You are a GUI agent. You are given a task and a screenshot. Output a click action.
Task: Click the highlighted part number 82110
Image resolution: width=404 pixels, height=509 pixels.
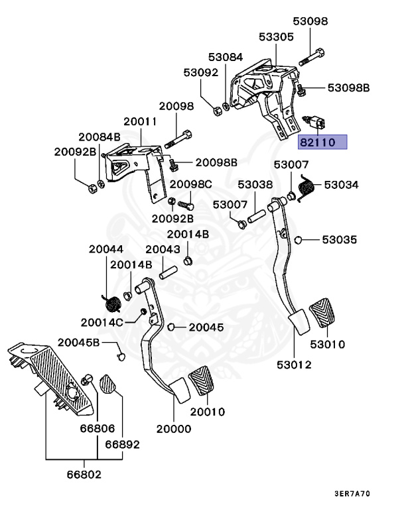tap(317, 142)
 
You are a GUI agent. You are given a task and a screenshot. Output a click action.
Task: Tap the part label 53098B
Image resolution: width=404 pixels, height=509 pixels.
tap(348, 87)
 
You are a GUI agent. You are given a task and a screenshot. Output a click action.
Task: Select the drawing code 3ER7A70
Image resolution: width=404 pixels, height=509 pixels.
tap(352, 493)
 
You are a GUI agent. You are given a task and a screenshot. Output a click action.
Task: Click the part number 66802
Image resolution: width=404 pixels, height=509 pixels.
tap(84, 475)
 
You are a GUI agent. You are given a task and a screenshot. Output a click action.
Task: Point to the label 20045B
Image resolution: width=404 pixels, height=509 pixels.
tap(78, 342)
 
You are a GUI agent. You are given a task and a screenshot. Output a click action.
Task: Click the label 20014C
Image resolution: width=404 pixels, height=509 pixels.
tap(101, 322)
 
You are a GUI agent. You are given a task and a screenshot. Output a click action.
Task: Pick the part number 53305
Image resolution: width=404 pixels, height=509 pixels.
tap(276, 36)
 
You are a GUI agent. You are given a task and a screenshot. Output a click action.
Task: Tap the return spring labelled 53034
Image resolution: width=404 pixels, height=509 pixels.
tap(306, 188)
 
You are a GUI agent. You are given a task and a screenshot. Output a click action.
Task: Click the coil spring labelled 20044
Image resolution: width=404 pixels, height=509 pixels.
tap(113, 304)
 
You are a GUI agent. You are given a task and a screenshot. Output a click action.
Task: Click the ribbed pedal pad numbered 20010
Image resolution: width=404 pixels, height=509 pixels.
tap(202, 380)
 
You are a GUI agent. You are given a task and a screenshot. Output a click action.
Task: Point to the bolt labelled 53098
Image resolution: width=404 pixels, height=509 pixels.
tap(312, 57)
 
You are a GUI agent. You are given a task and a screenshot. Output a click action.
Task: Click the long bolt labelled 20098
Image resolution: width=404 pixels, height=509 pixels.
tap(178, 139)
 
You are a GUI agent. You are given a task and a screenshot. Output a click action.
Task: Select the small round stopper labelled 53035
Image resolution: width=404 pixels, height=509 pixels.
tap(298, 240)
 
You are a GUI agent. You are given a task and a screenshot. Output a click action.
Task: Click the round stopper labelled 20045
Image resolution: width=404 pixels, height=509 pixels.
tap(171, 327)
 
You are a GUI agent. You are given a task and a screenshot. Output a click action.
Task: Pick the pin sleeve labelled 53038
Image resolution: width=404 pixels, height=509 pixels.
tap(257, 217)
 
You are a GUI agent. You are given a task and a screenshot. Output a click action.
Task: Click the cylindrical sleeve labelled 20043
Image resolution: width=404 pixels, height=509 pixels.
tap(168, 272)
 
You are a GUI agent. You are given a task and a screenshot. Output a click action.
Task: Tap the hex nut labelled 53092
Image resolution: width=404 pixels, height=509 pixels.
tap(216, 111)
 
